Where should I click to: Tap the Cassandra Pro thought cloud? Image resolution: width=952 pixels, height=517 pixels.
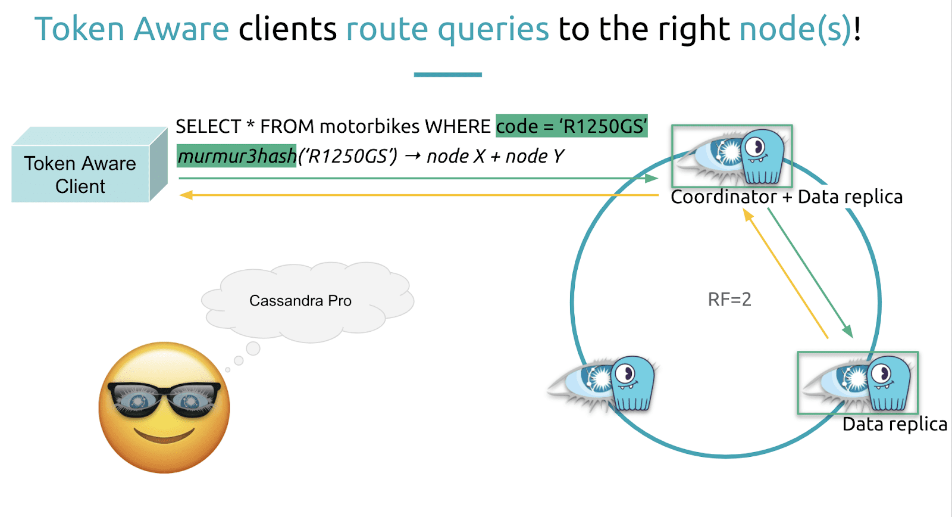307,302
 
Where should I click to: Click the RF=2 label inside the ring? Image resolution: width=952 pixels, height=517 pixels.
729,300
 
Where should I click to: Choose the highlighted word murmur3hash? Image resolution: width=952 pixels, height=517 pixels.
237,156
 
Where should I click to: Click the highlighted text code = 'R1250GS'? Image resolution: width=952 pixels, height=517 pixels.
572,126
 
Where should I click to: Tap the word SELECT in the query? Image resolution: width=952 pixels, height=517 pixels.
208,126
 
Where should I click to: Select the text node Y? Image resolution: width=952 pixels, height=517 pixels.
535,157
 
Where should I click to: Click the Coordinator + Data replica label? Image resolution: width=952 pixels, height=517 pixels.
786,197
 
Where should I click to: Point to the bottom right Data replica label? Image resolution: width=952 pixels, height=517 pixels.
895,424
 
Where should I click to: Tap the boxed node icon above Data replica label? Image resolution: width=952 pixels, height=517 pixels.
857,382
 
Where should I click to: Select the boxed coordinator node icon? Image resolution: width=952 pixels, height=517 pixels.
732,156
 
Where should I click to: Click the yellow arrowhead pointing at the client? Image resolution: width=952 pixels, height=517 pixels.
186,195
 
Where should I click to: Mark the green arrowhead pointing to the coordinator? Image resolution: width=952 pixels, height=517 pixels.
652,178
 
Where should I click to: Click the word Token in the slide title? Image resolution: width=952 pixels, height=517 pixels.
79,29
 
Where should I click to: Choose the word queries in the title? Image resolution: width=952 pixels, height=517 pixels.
493,30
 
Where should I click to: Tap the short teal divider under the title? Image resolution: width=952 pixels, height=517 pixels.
447,75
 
